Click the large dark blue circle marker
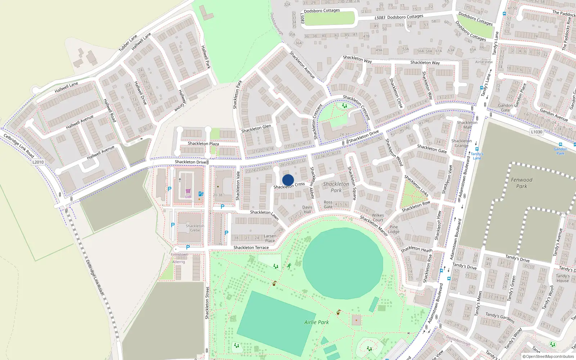click(x=288, y=180)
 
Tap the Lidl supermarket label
click(x=188, y=197)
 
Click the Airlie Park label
click(x=316, y=322)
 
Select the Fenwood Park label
click(x=522, y=183)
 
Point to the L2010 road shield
click(x=38, y=162)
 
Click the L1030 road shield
click(x=536, y=132)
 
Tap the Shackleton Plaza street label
click(x=203, y=144)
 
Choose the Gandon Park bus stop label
click(x=560, y=151)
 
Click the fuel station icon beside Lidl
click(x=201, y=194)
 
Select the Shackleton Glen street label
click(x=256, y=128)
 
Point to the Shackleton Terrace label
click(x=251, y=248)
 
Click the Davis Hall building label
click(x=307, y=210)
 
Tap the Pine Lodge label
click(x=394, y=229)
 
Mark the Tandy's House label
click(x=562, y=278)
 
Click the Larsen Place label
click(x=270, y=238)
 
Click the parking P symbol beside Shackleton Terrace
click(x=188, y=247)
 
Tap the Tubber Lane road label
click(x=128, y=43)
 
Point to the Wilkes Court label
click(x=378, y=217)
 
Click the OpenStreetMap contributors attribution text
click(x=548, y=357)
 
